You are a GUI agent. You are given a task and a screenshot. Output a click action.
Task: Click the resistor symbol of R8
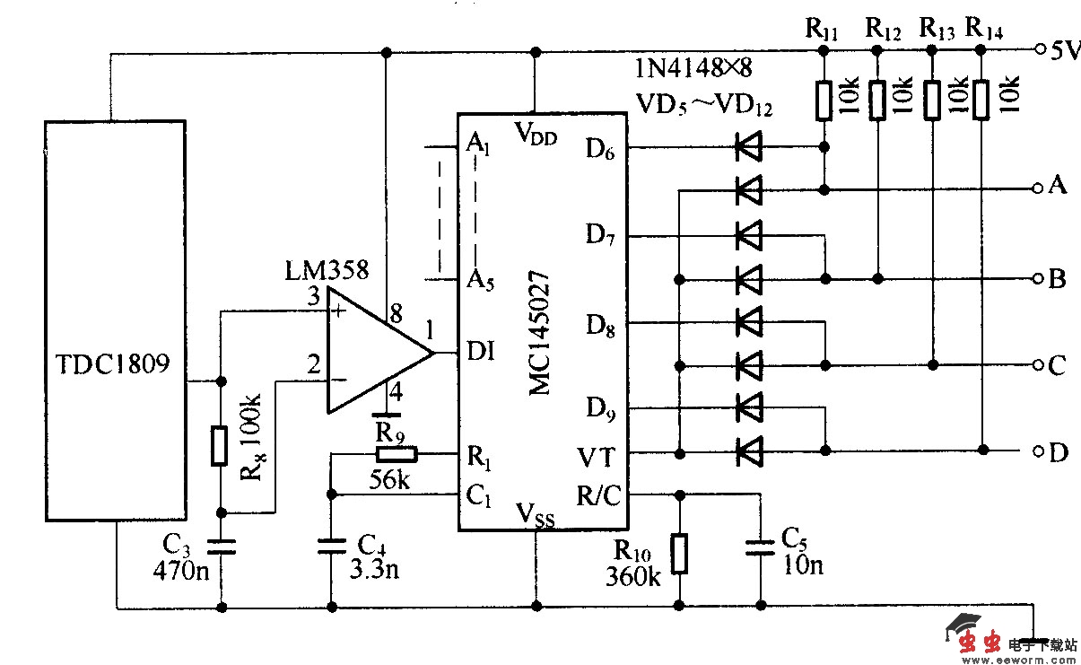(x=219, y=446)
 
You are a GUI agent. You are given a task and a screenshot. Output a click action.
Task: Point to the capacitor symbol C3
(x=219, y=546)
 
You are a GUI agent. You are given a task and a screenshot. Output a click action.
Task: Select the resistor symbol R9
(x=392, y=454)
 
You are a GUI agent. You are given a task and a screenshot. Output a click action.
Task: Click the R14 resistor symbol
(x=980, y=100)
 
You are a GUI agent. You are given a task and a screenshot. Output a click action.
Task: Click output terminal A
(x=1058, y=187)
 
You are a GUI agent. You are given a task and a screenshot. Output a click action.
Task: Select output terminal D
(x=1058, y=453)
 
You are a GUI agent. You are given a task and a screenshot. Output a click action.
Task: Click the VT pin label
(x=596, y=458)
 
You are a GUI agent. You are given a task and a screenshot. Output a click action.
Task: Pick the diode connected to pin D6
(x=747, y=146)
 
